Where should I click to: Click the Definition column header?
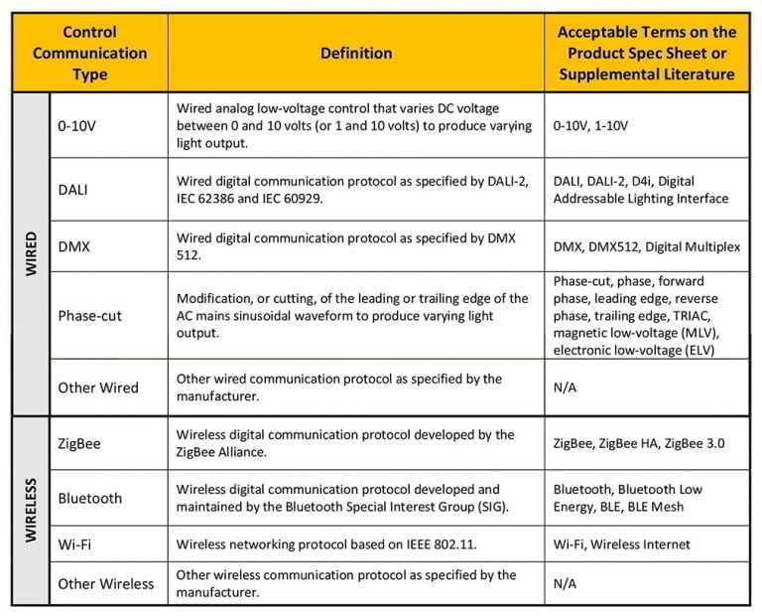[355, 54]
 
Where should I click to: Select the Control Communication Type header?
[89, 54]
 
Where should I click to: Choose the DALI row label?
[74, 190]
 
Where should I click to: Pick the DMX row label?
[73, 246]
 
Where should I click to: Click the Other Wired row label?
[98, 387]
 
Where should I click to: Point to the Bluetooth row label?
[90, 498]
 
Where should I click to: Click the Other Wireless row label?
[106, 583]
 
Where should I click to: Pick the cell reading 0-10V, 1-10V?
[591, 126]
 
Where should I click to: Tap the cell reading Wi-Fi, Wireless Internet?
[622, 544]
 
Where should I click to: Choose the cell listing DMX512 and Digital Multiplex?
[646, 246]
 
